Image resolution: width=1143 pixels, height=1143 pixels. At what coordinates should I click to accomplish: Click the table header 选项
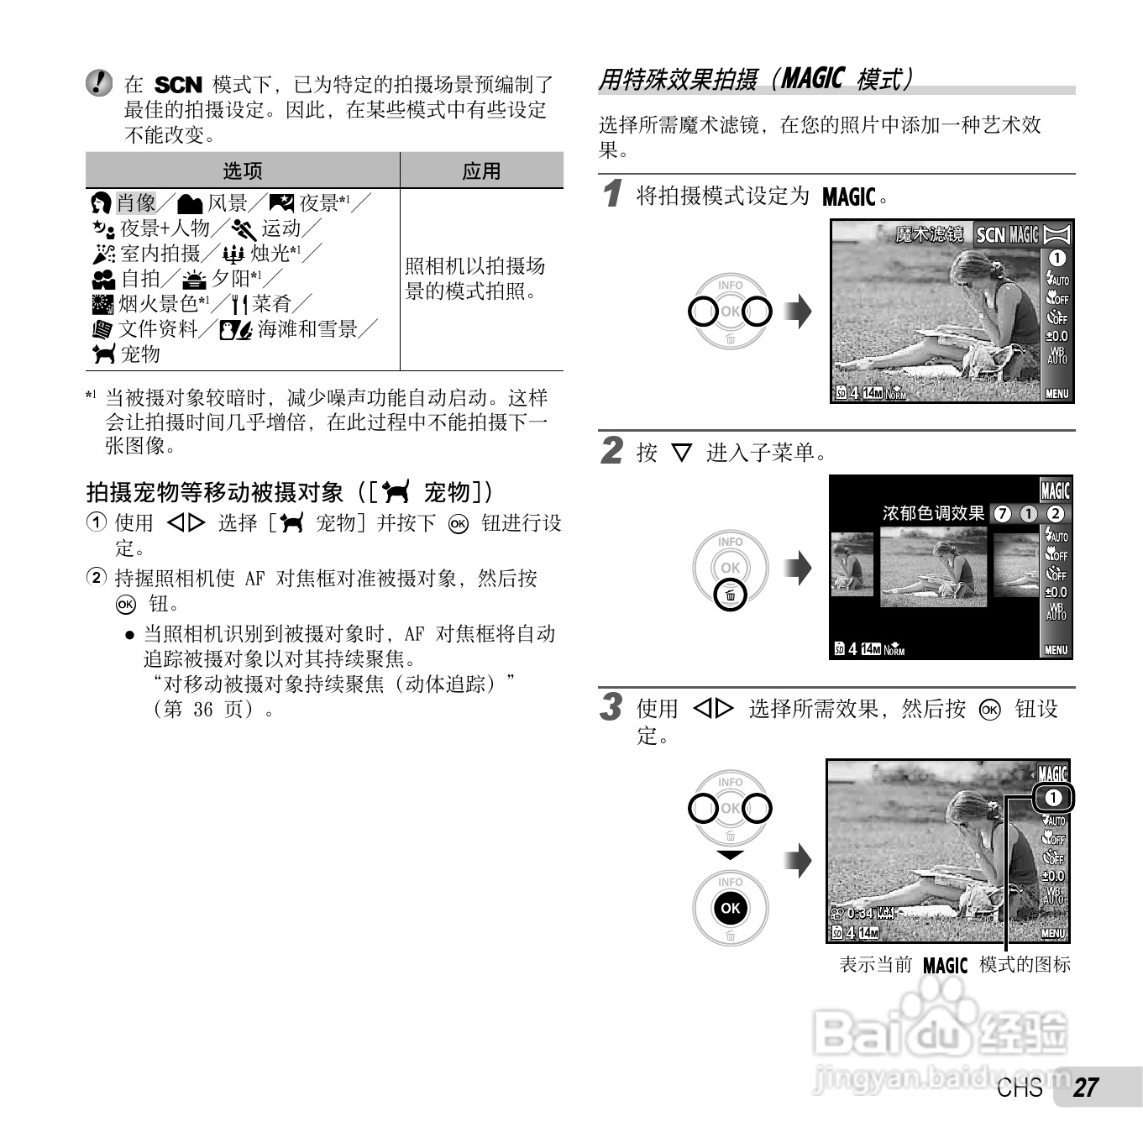coord(242,170)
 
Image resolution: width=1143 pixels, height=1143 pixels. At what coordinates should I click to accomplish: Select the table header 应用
coord(481,170)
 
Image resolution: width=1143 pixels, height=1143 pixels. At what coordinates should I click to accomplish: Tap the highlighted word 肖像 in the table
coord(136,202)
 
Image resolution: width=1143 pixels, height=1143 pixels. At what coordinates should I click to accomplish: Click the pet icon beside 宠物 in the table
coord(103,354)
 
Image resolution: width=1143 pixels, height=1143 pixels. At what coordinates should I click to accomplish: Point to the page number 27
coord(1086,1088)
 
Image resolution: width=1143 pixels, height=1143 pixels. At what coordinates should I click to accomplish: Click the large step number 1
coord(613,194)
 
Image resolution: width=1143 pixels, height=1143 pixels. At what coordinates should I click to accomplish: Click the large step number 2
coord(612,450)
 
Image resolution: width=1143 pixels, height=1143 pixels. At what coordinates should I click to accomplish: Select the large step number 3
coord(612,706)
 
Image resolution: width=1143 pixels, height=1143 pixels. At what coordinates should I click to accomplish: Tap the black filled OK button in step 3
coord(730,908)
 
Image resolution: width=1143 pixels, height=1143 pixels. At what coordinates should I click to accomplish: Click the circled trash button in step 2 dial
coord(730,595)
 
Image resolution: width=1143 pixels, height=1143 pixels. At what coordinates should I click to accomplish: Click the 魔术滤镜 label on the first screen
coord(929,234)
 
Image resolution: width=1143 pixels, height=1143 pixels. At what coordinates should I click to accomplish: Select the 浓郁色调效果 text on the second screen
coord(933,513)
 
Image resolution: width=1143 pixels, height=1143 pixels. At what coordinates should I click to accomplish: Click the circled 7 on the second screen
coord(1002,514)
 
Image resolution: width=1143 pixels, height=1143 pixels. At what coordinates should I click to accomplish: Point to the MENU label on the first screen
coord(1056,393)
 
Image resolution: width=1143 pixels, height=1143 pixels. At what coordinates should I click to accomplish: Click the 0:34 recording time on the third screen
coord(859,913)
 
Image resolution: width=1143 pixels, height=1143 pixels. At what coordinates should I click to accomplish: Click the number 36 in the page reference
coord(202,709)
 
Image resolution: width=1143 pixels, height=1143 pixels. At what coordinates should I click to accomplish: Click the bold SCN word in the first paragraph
coord(178,85)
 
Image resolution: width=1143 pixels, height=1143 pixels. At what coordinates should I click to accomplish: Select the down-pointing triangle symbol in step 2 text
coord(681,454)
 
